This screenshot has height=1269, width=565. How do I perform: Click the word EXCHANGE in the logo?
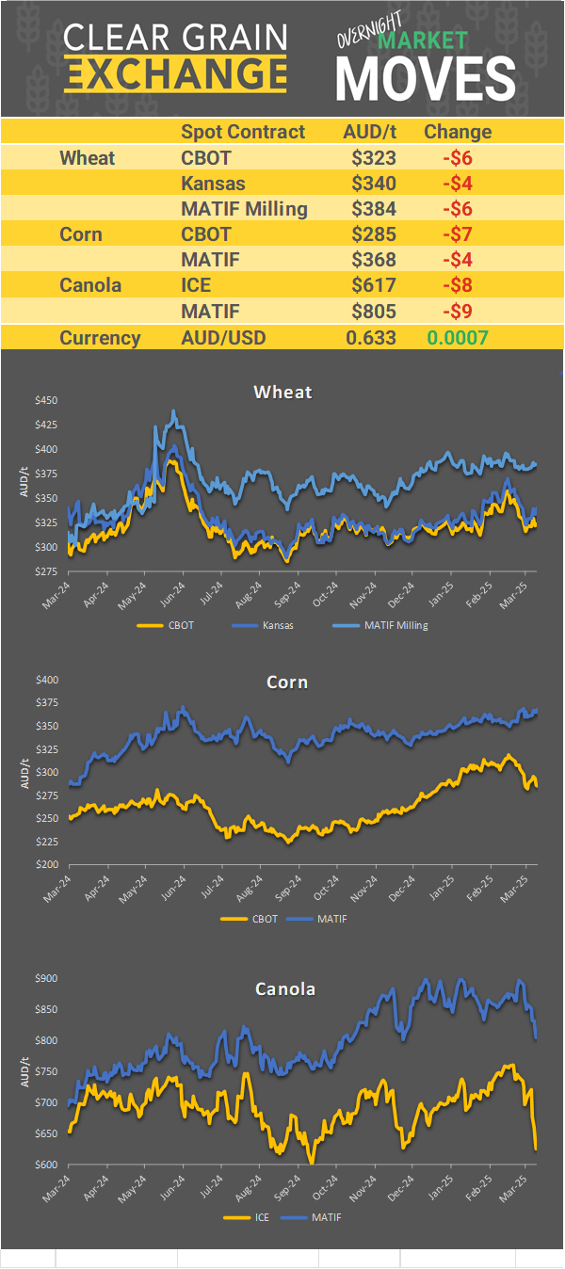pos(176,74)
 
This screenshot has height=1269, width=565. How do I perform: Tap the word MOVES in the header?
pos(426,78)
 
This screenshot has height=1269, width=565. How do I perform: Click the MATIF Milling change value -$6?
pos(457,208)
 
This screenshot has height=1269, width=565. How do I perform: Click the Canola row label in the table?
pos(90,284)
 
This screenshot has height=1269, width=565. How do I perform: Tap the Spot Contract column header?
pos(243,132)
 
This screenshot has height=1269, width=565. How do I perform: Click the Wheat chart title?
pos(282,392)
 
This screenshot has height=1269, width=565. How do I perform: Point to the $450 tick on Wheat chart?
pos(44,400)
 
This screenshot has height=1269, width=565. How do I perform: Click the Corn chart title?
pos(287,682)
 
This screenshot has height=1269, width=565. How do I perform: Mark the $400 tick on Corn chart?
pos(44,680)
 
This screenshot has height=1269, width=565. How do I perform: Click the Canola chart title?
pos(285,988)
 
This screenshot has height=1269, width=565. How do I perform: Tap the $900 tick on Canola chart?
pos(44,978)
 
